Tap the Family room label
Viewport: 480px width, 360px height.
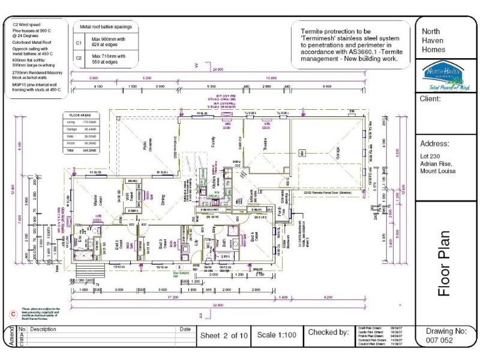point(213,142)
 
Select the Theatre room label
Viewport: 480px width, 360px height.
point(264,143)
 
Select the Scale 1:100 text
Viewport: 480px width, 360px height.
point(277,334)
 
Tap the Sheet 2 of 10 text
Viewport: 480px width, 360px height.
point(223,334)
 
